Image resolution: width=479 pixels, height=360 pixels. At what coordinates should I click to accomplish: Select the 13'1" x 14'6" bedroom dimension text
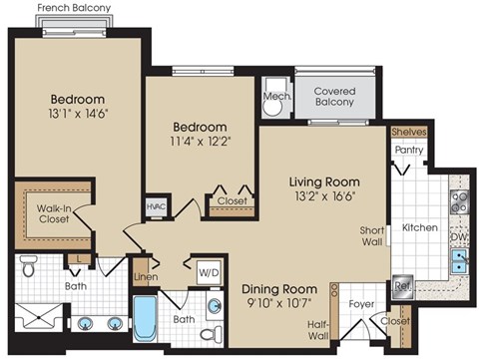pyautogui.click(x=78, y=114)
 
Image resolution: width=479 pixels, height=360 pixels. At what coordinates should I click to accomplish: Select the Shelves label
pyautogui.click(x=407, y=131)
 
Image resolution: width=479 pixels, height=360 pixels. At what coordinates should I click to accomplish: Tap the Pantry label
pyautogui.click(x=408, y=151)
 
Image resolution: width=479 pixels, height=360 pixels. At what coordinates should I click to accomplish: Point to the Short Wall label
pyautogui.click(x=372, y=235)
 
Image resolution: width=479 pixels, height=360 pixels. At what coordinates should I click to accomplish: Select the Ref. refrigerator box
pyautogui.click(x=404, y=284)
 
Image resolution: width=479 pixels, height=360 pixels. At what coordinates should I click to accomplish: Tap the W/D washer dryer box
pyautogui.click(x=209, y=271)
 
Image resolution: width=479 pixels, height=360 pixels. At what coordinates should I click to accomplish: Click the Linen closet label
pyautogui.click(x=146, y=276)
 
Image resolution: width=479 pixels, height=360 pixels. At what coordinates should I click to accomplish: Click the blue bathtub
pyautogui.click(x=146, y=318)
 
